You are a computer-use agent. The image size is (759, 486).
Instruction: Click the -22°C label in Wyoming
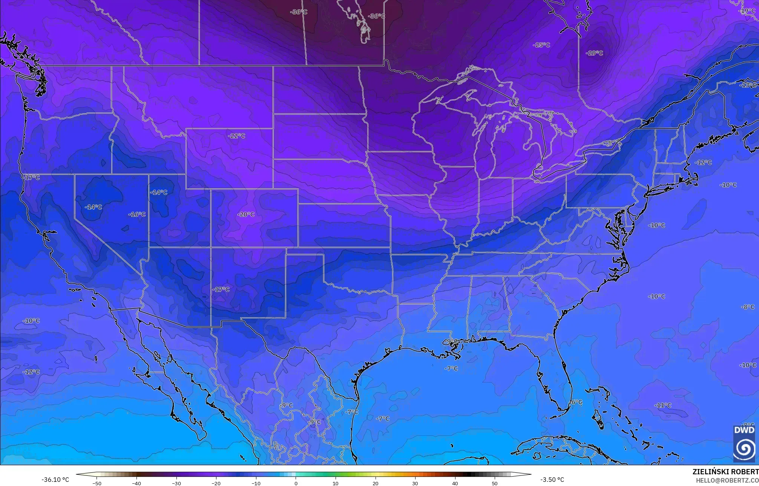pyautogui.click(x=236, y=136)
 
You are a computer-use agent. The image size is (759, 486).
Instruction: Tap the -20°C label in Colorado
pyautogui.click(x=245, y=214)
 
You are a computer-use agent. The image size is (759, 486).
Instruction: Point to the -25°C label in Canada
pyautogui.click(x=541, y=45)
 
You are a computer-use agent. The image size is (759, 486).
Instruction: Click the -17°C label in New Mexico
pyautogui.click(x=221, y=290)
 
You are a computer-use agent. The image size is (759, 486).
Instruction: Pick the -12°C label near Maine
pyautogui.click(x=703, y=162)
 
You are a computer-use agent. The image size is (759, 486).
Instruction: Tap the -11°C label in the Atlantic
pyautogui.click(x=662, y=406)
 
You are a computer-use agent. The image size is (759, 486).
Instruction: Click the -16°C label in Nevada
pyautogui.click(x=137, y=214)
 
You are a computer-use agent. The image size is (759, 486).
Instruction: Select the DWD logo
pyautogui.click(x=744, y=443)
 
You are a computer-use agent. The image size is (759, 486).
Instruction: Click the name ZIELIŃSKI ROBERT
pyautogui.click(x=725, y=472)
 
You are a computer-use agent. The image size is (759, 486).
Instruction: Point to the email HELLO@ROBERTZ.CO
pyautogui.click(x=727, y=480)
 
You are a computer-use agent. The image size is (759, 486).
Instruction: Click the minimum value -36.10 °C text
pyautogui.click(x=55, y=480)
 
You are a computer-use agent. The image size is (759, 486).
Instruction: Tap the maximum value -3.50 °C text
pyautogui.click(x=552, y=480)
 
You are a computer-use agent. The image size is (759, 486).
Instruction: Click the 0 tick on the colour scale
pyautogui.click(x=296, y=483)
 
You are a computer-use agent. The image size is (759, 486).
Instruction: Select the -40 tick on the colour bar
pyautogui.click(x=136, y=483)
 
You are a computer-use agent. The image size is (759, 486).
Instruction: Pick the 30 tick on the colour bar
pyautogui.click(x=415, y=483)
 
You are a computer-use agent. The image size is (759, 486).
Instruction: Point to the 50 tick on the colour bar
pyautogui.click(x=495, y=483)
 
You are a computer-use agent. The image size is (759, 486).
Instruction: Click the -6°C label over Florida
pyautogui.click(x=575, y=403)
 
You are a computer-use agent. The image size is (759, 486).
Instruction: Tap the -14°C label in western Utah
pyautogui.click(x=159, y=193)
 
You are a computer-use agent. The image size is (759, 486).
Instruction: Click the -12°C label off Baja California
pyautogui.click(x=31, y=372)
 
